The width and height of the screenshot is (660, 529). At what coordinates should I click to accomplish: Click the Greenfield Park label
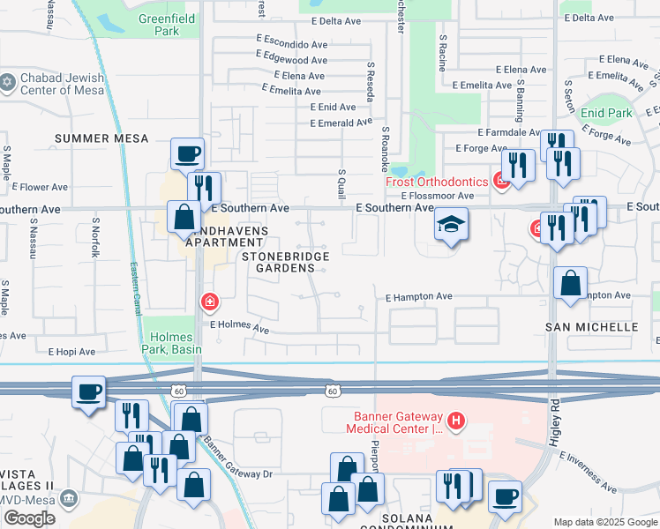tap(159, 25)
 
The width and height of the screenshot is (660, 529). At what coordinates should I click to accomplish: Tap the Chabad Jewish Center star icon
tap(8, 81)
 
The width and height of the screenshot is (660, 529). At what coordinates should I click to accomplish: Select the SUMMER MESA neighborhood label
tap(101, 138)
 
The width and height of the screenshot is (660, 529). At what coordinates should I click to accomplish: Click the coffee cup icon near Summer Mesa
tap(188, 154)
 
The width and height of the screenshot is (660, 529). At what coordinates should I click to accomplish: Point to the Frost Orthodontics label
tap(436, 182)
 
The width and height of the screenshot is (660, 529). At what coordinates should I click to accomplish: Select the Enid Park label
tap(606, 114)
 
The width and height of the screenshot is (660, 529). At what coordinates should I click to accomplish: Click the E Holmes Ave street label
tap(238, 327)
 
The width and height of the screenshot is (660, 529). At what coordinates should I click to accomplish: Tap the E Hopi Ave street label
tap(71, 351)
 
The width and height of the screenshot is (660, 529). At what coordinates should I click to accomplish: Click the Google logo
tap(29, 518)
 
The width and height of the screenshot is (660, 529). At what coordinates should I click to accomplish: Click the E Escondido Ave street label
tap(292, 43)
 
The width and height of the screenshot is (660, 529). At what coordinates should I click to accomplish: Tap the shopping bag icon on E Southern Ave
tap(184, 216)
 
